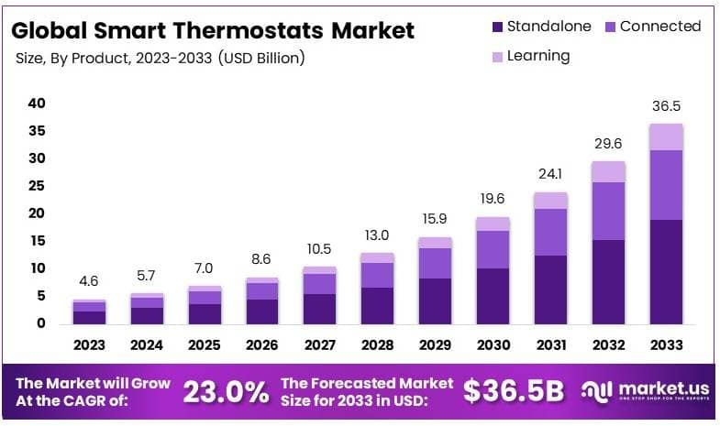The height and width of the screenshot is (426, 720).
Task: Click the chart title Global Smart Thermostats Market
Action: [213, 29]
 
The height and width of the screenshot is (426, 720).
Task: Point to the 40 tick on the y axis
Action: [37, 104]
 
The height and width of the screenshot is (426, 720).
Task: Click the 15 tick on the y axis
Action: [37, 241]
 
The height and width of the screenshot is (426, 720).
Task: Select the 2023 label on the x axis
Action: [90, 345]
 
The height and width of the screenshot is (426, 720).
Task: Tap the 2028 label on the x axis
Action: [377, 345]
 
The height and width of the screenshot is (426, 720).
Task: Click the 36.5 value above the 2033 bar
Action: [666, 106]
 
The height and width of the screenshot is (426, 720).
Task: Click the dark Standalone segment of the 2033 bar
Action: [666, 271]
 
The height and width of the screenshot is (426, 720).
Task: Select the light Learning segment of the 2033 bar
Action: [666, 137]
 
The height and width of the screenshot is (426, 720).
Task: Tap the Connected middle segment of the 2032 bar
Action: [608, 211]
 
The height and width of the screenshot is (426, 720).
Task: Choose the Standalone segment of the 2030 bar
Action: [493, 295]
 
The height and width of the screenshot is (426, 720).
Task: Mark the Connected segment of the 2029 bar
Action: [435, 263]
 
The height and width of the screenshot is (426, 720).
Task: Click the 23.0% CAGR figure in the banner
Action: [226, 392]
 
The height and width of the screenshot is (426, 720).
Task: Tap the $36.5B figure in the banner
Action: [513, 391]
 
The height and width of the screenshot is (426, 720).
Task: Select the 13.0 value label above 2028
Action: [377, 235]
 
